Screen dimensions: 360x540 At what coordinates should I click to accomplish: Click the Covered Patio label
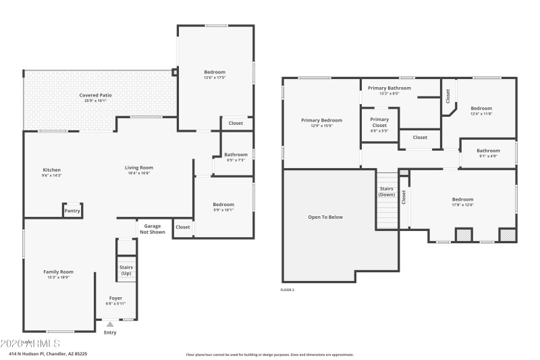[95, 95]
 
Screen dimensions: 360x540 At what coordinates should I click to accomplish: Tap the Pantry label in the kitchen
[72, 211]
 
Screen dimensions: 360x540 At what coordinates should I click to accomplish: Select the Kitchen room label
[52, 170]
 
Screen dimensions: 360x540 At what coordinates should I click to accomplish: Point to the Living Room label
[138, 168]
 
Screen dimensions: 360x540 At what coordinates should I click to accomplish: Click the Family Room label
[59, 272]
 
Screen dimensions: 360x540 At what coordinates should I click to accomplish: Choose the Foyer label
[116, 298]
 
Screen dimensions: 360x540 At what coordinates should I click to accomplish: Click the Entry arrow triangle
[110, 324]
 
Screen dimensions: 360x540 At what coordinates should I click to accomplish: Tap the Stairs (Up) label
[126, 270]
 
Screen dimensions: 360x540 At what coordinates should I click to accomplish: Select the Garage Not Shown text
[152, 229]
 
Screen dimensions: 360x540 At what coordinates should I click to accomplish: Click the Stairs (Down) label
[387, 191]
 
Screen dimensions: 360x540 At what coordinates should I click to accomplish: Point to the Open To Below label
[325, 217]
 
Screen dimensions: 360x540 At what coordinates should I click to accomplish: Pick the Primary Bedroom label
[321, 120]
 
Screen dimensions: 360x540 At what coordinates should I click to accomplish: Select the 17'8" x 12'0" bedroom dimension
[462, 205]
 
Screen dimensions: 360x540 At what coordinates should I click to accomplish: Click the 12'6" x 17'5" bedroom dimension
[215, 78]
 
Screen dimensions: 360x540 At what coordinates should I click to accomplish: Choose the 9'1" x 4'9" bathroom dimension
[488, 156]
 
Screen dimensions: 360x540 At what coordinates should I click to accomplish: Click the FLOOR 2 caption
[288, 290]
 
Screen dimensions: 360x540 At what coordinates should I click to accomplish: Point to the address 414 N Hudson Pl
[48, 353]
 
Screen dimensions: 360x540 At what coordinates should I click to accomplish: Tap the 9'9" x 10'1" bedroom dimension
[223, 209]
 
